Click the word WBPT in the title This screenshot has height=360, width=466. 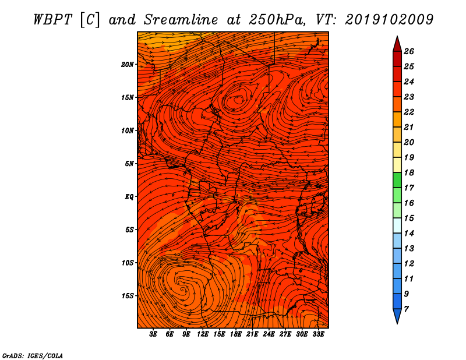point(52,20)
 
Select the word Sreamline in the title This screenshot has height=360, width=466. point(181,20)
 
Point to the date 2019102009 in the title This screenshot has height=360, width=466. point(389,20)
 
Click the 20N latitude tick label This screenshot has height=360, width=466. point(128,65)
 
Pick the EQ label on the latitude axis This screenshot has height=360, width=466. point(129,197)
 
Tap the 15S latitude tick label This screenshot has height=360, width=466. point(128,296)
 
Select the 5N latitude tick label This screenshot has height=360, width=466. point(129,164)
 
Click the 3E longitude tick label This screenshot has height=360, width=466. point(153,334)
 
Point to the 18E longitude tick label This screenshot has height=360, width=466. point(236,334)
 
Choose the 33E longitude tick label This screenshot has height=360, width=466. point(318,334)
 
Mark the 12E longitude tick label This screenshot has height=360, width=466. point(203,334)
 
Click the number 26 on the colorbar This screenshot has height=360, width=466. point(409,51)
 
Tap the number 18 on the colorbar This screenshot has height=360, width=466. point(409,172)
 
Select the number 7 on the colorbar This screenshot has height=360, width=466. point(406,309)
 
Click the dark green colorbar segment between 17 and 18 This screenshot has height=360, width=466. point(397,180)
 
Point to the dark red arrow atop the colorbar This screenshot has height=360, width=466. point(397,44)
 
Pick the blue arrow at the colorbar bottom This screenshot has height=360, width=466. point(397,316)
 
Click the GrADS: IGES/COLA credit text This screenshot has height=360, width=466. point(33,355)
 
